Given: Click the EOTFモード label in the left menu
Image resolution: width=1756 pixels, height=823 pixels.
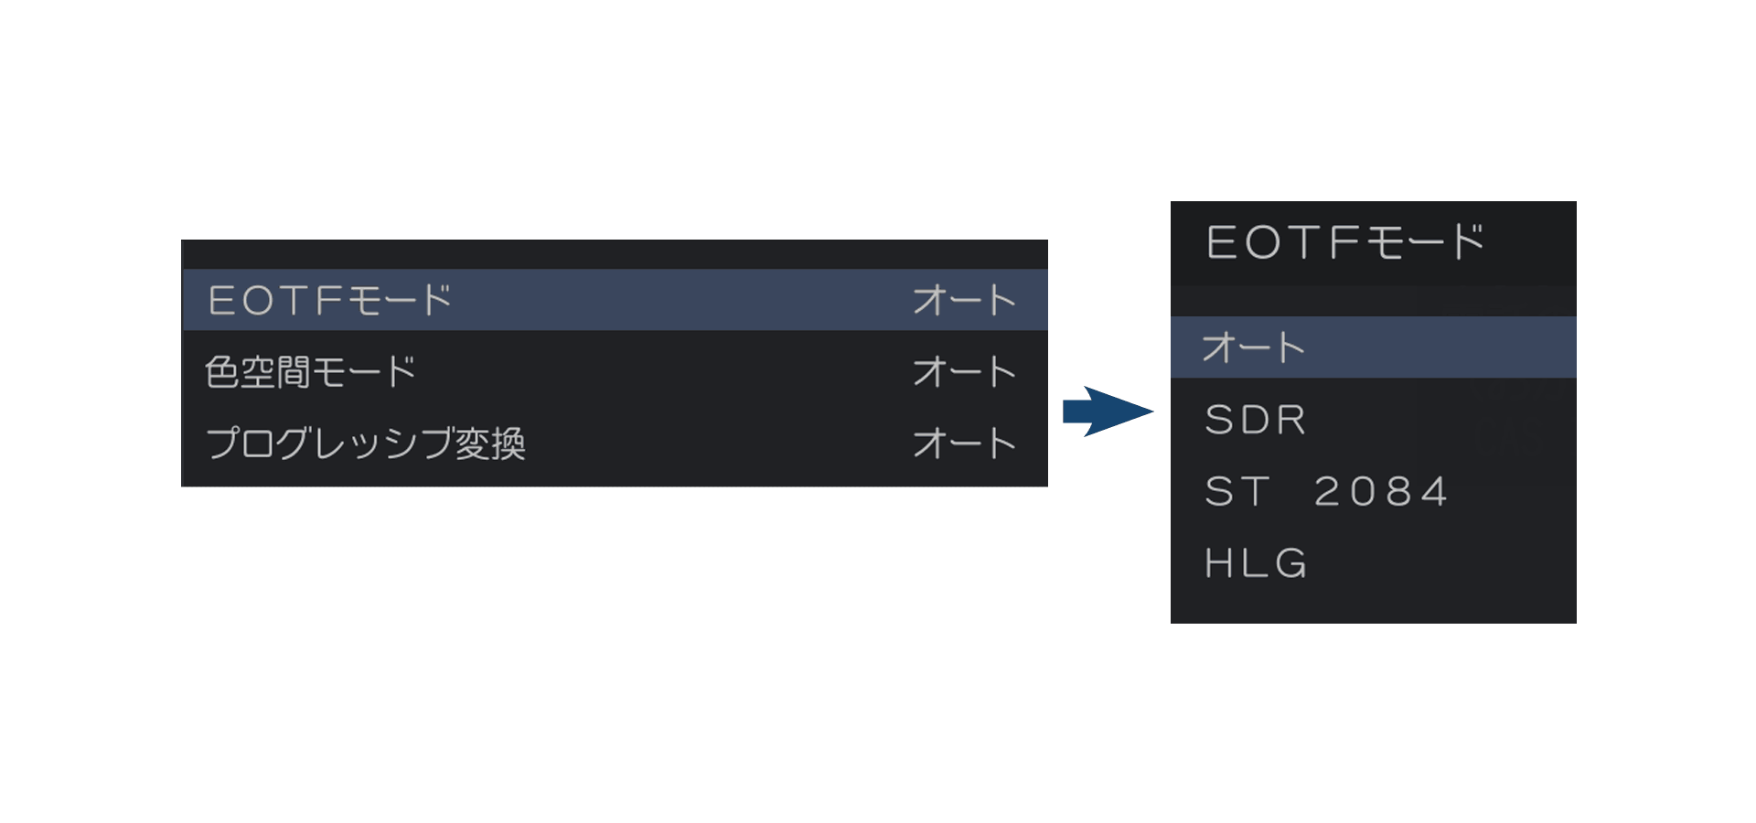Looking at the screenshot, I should (329, 300).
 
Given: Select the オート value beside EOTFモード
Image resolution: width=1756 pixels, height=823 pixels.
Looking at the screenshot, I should (964, 300).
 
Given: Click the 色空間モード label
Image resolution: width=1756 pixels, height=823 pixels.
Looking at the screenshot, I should (310, 372).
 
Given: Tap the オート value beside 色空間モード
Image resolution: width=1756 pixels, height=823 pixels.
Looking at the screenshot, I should (964, 372).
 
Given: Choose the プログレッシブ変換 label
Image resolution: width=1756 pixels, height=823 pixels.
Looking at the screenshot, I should (365, 444).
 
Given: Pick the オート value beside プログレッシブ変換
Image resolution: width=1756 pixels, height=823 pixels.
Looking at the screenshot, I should (964, 444).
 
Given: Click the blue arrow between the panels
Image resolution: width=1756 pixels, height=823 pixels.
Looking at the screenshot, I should (1108, 411).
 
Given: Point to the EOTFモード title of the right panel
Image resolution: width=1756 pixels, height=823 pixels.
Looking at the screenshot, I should (1344, 242).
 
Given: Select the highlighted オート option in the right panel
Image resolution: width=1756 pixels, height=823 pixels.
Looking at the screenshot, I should (1253, 347).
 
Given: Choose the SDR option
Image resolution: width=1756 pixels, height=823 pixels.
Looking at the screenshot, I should (1256, 420).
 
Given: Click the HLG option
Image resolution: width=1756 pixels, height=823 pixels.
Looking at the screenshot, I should (1256, 563).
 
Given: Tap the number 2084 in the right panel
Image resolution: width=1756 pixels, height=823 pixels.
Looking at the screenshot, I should (1381, 492).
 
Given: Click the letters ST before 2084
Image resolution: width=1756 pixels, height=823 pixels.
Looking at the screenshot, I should (1237, 492).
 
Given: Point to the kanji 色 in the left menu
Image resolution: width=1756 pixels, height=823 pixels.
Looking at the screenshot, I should (221, 372).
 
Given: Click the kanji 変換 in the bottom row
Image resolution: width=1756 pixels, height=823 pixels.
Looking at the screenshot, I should (490, 444).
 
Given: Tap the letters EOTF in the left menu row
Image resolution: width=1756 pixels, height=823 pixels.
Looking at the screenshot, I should (275, 300).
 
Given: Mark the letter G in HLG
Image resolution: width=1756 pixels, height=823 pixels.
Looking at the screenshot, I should (1291, 563).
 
